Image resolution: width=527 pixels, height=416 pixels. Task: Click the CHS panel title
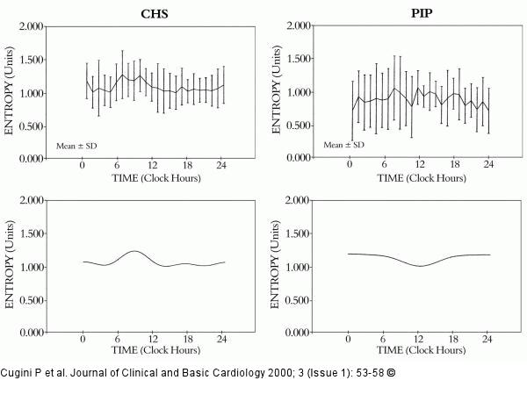(x=155, y=14)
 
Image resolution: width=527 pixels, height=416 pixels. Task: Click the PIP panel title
(x=422, y=13)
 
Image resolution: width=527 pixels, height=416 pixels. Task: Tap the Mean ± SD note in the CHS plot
(x=76, y=146)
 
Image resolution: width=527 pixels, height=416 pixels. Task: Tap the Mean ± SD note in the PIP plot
(x=343, y=145)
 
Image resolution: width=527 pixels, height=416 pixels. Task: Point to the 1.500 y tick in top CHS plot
(x=32, y=60)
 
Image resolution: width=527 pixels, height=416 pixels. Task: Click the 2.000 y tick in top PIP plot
(x=300, y=25)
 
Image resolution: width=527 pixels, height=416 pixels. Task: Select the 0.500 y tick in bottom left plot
(x=32, y=300)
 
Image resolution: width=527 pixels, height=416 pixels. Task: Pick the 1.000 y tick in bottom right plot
(x=298, y=268)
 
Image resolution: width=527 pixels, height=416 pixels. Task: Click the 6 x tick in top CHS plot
(x=117, y=165)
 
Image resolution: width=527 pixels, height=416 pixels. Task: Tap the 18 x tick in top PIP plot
(x=454, y=164)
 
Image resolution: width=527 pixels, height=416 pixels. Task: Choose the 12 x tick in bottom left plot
(x=153, y=339)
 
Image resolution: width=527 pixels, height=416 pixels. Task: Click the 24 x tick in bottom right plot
(x=487, y=339)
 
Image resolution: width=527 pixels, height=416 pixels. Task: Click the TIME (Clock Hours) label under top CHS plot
(x=156, y=178)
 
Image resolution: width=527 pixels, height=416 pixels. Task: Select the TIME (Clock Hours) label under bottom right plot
(x=421, y=350)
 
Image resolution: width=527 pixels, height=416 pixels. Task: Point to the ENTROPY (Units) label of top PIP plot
(x=276, y=90)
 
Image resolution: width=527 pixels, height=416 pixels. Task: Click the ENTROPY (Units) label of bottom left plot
(x=10, y=264)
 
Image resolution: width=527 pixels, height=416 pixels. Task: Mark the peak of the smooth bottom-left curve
(x=134, y=251)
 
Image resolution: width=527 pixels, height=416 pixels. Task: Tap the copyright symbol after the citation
(x=391, y=373)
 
